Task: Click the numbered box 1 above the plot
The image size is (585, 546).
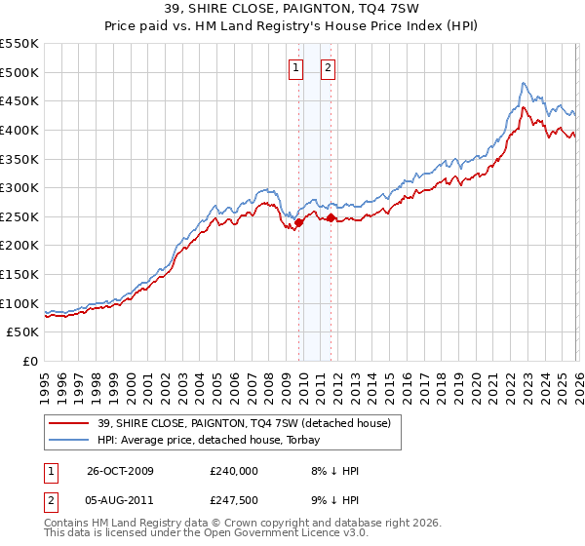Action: coord(295,67)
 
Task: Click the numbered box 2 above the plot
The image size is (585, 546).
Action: coord(327,67)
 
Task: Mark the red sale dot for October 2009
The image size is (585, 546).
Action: coord(299,222)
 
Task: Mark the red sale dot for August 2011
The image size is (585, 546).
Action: coord(331,217)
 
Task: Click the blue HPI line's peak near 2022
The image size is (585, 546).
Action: coord(524,83)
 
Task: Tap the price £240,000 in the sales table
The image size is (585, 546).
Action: coord(233,470)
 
